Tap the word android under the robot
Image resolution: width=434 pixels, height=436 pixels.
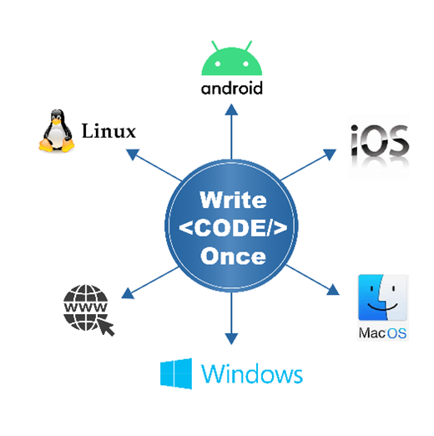(232, 87)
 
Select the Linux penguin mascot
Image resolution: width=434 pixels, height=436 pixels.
(55, 132)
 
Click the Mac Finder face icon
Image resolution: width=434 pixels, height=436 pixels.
(382, 297)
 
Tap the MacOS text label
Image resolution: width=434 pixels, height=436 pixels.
(382, 333)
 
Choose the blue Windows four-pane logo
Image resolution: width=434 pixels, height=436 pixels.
(176, 373)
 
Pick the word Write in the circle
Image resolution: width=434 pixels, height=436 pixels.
(233, 201)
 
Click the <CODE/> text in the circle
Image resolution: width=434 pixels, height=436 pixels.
(233, 228)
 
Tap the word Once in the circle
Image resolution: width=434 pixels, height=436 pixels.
(233, 256)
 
